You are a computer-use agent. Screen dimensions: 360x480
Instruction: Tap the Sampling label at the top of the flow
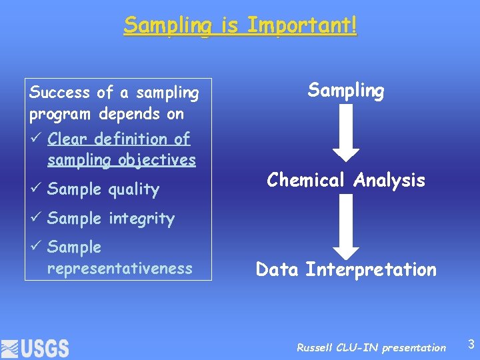pyautogui.click(x=345, y=91)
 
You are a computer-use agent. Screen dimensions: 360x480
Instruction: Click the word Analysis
pyautogui.click(x=390, y=180)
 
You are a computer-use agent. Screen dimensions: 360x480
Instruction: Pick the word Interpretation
pyautogui.click(x=371, y=270)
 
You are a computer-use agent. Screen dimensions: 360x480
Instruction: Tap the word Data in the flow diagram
pyautogui.click(x=278, y=270)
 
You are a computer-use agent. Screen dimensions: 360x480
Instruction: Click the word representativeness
pyautogui.click(x=120, y=269)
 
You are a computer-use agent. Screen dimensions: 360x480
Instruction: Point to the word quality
pyautogui.click(x=133, y=190)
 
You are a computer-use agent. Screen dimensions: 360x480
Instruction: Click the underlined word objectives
pyautogui.click(x=157, y=161)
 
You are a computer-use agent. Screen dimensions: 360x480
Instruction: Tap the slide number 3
pyautogui.click(x=471, y=345)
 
